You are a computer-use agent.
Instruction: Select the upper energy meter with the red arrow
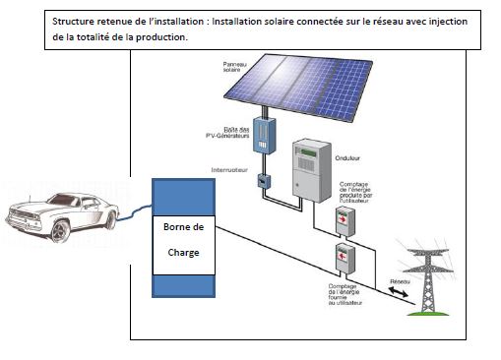[x=343, y=223]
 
